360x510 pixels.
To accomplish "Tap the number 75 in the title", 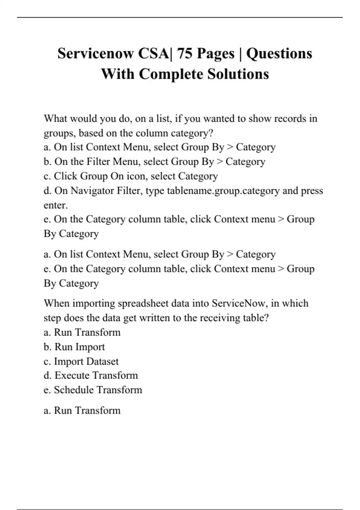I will pyautogui.click(x=184, y=54).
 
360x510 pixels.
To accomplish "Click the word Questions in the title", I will pyautogui.click(x=279, y=54).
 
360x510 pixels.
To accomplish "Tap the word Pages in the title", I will pyautogui.click(x=215, y=54).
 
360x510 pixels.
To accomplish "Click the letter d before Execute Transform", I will pyautogui.click(x=47, y=376).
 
